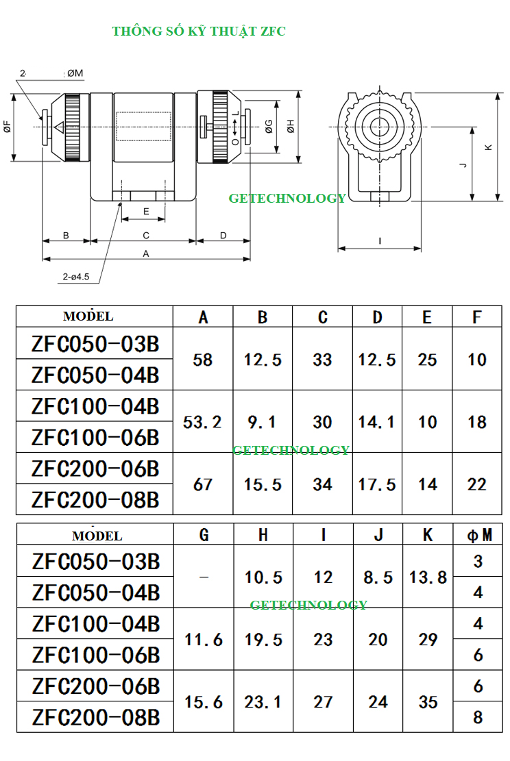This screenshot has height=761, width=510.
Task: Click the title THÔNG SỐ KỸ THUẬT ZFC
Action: click(199, 31)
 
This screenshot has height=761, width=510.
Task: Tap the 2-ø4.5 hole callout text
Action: click(76, 277)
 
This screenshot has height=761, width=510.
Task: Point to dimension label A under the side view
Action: click(145, 253)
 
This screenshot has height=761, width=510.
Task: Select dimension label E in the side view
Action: click(145, 212)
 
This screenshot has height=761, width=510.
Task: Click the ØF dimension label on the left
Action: click(7, 126)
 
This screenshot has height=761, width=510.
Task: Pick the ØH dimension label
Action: click(291, 127)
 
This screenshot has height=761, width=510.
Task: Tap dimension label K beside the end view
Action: click(487, 147)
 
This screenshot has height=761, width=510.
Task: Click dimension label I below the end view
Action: click(379, 240)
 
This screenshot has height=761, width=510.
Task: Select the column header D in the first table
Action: click(377, 317)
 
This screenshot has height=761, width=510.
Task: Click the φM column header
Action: click(478, 535)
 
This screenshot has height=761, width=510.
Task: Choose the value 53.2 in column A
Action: click(203, 422)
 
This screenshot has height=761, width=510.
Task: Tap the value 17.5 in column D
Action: click(377, 484)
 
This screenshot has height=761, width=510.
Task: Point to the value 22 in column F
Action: click(477, 484)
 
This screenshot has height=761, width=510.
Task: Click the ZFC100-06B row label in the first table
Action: click(95, 437)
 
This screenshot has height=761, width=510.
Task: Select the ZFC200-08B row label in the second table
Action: click(95, 717)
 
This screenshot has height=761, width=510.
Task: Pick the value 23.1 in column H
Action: click(263, 702)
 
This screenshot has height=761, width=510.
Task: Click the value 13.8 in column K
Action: click(428, 577)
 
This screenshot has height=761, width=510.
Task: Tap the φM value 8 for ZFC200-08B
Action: click(478, 717)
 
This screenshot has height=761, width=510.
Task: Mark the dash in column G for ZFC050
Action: click(204, 577)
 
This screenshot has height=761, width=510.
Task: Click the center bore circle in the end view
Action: click(378, 126)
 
